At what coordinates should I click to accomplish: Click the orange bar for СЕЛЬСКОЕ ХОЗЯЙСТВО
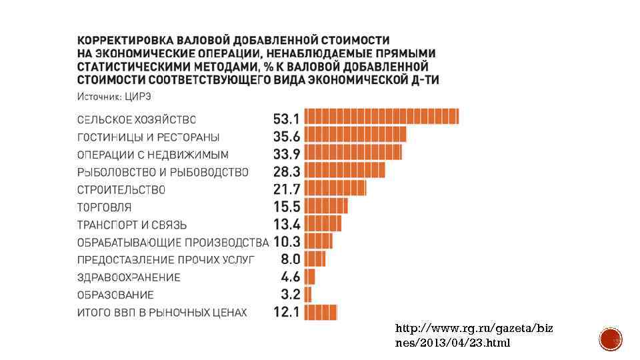382,117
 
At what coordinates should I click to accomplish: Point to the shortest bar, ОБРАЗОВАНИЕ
308,294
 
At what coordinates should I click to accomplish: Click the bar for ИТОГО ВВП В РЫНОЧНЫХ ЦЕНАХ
321,311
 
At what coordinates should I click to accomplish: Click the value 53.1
287,119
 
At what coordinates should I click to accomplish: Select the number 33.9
287,154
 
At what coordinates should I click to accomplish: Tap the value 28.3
287,171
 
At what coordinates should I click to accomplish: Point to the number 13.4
287,223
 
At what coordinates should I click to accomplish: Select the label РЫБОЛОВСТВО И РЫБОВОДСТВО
163,172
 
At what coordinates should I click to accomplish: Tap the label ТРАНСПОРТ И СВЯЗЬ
132,224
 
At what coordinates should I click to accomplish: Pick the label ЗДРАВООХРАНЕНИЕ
129,277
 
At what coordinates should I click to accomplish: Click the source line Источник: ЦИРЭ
115,97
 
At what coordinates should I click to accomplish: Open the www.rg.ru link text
473,335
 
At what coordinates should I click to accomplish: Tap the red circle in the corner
610,339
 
